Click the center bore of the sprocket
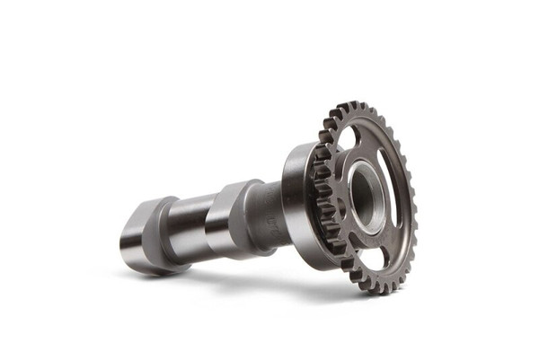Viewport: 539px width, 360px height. click(365, 196)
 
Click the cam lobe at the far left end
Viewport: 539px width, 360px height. click(144, 235)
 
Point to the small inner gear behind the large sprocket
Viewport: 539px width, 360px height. click(325, 206)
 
